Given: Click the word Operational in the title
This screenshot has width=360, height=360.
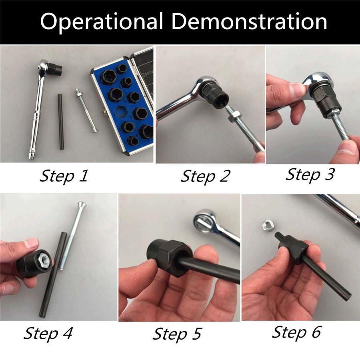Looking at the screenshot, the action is (102, 21).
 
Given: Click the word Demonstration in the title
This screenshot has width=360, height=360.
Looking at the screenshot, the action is (249, 21).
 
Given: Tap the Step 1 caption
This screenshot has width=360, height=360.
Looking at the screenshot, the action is (64, 176).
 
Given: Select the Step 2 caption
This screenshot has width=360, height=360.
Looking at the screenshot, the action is (205, 177).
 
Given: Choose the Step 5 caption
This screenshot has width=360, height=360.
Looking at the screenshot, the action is (177, 334).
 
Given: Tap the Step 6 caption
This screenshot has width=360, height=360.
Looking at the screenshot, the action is (296, 333).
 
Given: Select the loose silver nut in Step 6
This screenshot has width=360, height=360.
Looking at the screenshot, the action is (267, 226).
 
